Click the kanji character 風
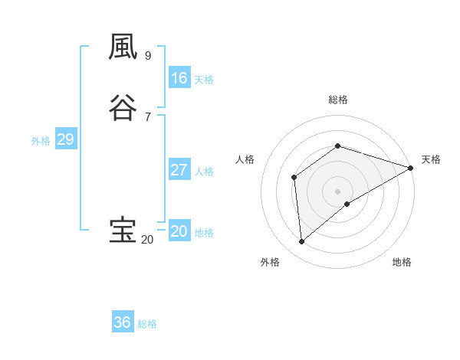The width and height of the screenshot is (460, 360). pyautogui.click(x=123, y=47)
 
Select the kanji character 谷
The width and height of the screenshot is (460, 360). pyautogui.click(x=123, y=108)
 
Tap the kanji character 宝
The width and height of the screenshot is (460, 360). pyautogui.click(x=123, y=230)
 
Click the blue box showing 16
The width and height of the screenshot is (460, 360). pyautogui.click(x=179, y=78)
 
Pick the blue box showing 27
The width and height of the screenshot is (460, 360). pyautogui.click(x=179, y=170)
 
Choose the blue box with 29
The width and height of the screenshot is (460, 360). pyautogui.click(x=65, y=139)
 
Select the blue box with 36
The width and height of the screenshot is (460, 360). pyautogui.click(x=123, y=322)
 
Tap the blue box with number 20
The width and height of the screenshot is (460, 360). pyautogui.click(x=179, y=231)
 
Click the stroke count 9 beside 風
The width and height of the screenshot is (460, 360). pyautogui.click(x=148, y=56)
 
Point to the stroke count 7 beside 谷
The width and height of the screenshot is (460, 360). pyautogui.click(x=148, y=117)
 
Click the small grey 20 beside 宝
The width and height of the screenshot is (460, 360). pyautogui.click(x=147, y=240)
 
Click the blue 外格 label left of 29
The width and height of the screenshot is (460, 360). pyautogui.click(x=41, y=141)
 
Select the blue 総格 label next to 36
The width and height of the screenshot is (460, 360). pyautogui.click(x=147, y=324)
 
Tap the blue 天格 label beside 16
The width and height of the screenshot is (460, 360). pyautogui.click(x=204, y=80)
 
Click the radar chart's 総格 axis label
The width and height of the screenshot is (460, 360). pyautogui.click(x=338, y=100)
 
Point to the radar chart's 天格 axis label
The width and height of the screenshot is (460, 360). pyautogui.click(x=431, y=159)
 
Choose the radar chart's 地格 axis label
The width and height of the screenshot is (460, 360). pyautogui.click(x=402, y=262)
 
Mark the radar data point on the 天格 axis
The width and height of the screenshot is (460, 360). pyautogui.click(x=411, y=168)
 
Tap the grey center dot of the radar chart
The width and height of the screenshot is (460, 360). pyautogui.click(x=338, y=191)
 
